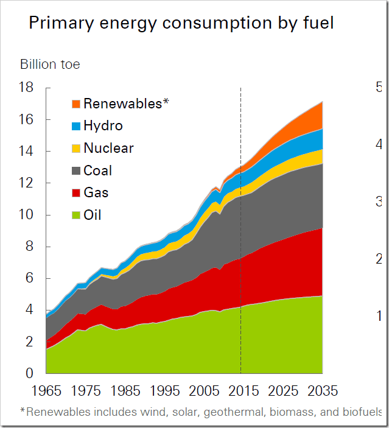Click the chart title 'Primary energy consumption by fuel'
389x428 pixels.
pyautogui.click(x=181, y=24)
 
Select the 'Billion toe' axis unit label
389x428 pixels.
pyautogui.click(x=50, y=64)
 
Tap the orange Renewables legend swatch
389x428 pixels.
pyautogui.click(x=75, y=104)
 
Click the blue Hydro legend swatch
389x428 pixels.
pyautogui.click(x=75, y=126)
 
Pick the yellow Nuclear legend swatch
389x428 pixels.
pyautogui.click(x=75, y=149)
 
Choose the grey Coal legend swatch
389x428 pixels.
pyautogui.click(x=75, y=171)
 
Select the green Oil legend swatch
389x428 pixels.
pyautogui.click(x=75, y=216)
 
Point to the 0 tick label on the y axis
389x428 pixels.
pyautogui.click(x=30, y=373)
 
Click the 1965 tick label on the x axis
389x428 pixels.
pyautogui.click(x=46, y=390)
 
